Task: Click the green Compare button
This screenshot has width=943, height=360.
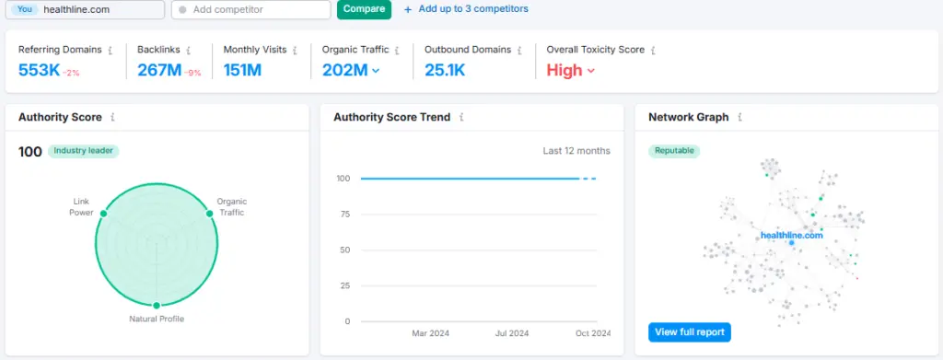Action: [364, 9]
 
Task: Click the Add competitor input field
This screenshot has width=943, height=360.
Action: [250, 9]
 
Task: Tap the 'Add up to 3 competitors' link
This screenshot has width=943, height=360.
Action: [467, 9]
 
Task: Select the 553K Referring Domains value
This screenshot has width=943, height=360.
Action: [38, 70]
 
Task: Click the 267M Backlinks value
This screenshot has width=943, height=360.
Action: [158, 70]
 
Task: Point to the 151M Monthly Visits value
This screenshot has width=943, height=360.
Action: [242, 70]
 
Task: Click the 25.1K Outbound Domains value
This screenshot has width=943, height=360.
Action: [446, 70]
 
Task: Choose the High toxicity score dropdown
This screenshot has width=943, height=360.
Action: [570, 70]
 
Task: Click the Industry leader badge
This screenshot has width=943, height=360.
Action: [84, 151]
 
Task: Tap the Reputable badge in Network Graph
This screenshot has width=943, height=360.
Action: [674, 151]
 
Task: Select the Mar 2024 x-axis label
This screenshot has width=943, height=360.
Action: [430, 333]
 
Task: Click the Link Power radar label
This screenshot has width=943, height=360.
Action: [82, 207]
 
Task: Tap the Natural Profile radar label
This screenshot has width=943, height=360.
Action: [157, 319]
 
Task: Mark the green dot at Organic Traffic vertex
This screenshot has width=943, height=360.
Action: [210, 213]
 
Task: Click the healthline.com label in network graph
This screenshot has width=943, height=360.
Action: [791, 236]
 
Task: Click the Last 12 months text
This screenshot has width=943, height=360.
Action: [576, 151]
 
